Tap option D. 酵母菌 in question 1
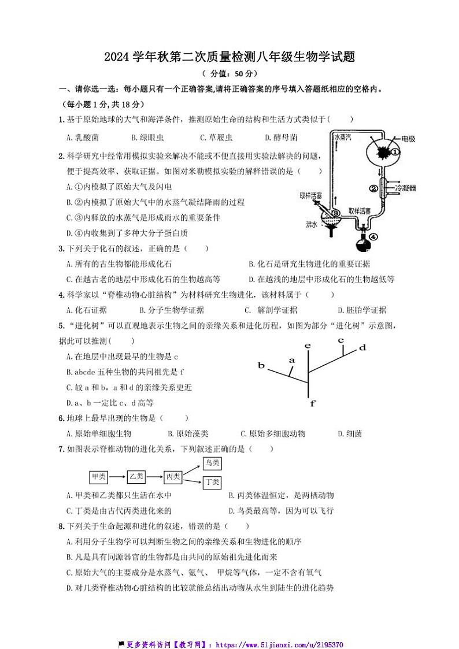(x=281, y=138)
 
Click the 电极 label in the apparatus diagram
(x=408, y=139)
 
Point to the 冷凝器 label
(x=405, y=188)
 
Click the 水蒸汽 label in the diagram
(x=343, y=139)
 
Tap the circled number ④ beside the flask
(x=373, y=236)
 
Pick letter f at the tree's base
(x=312, y=403)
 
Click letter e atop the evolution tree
(x=308, y=346)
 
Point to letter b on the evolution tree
(x=261, y=366)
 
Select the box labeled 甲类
(x=99, y=477)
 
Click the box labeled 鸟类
(x=212, y=463)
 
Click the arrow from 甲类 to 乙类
(x=117, y=477)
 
